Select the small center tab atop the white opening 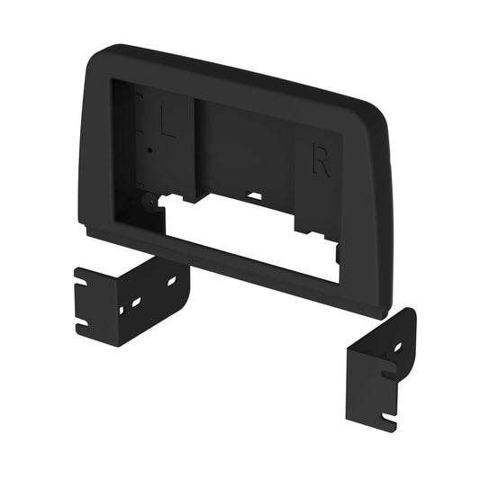pos(255,195)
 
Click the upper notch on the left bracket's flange pos(82,287)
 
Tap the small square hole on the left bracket pos(122,311)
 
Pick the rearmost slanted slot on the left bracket pos(172,281)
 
